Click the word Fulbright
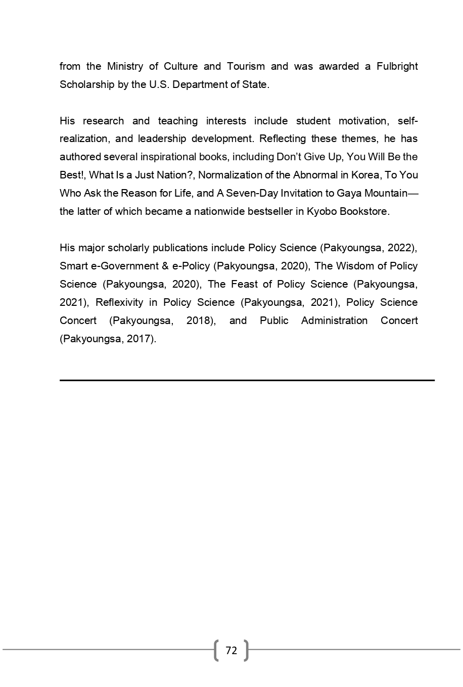[x=397, y=66]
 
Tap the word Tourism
[x=246, y=66]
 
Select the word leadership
[x=162, y=139]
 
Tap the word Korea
[x=365, y=175]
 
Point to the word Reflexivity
[x=119, y=302]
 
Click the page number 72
[x=231, y=651]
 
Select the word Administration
[x=334, y=320]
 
